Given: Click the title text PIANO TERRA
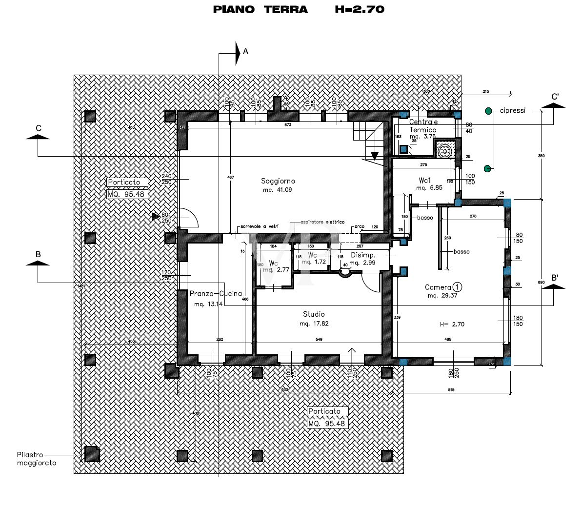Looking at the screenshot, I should coord(260,9).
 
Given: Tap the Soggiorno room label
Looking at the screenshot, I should coord(278,181).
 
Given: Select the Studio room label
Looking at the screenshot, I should coord(313,314).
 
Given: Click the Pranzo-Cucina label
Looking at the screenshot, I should coord(216,294).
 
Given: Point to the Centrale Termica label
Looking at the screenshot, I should coord(423,126).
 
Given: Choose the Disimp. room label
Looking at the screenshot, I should coord(363,255).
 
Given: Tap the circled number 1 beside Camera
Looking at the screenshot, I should coord(457,287).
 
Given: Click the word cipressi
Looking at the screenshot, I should coord(512,111).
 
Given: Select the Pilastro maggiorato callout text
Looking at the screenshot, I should coord(37,458).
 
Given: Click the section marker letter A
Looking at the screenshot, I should coord(245,51).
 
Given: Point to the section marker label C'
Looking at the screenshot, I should coord(555,97).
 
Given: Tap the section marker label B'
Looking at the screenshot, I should coord(555,278).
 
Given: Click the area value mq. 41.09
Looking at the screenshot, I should coord(277,190).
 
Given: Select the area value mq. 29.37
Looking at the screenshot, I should coord(442,296).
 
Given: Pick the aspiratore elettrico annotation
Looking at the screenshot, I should coord(322,222).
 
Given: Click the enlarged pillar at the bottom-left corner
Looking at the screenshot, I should coord(92,454).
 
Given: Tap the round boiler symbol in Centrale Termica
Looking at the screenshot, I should coord(444,151).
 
